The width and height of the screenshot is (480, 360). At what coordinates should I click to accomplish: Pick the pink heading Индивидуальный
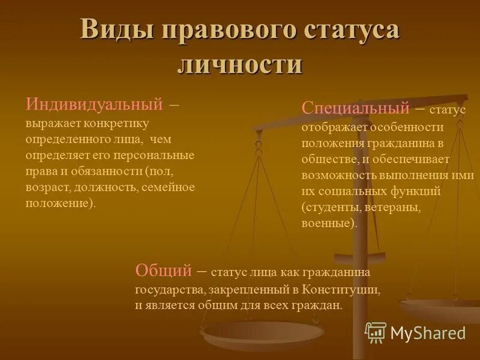pyautogui.click(x=94, y=104)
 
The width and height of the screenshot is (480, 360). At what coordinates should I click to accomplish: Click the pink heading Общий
pyautogui.click(x=163, y=270)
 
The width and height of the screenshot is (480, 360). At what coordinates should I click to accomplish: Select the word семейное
pyautogui.click(x=170, y=187)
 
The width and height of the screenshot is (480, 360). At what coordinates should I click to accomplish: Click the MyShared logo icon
pyautogui.click(x=376, y=332)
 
